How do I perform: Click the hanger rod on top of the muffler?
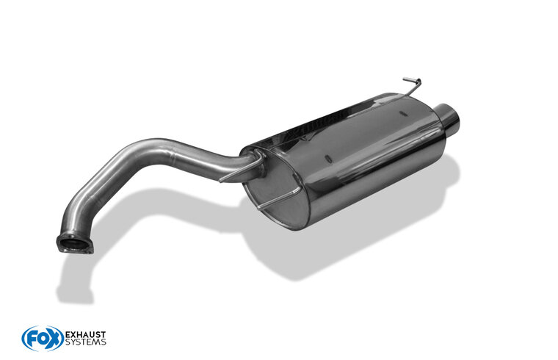[x=413, y=86]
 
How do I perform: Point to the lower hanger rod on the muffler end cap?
[x=278, y=199]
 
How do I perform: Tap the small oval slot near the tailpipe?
[x=403, y=114]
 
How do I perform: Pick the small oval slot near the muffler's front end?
[x=328, y=159]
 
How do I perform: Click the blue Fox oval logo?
[x=43, y=338]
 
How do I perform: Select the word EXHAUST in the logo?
[x=85, y=335]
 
